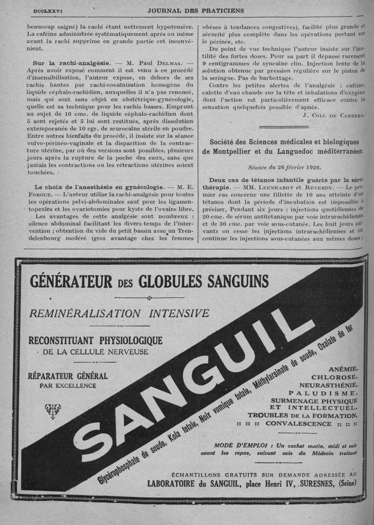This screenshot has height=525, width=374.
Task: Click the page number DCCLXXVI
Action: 49,10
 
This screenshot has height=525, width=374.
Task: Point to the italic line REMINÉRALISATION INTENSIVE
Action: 119,313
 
